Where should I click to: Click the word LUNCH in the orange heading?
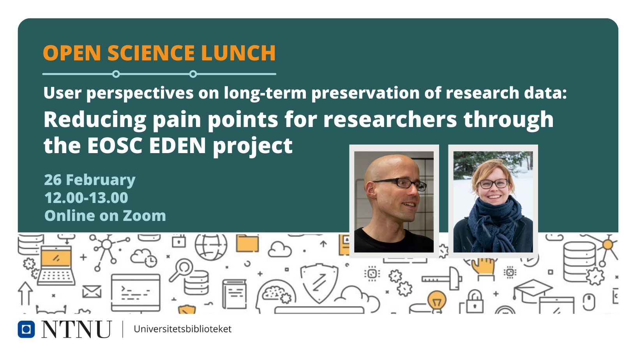pyautogui.click(x=238, y=53)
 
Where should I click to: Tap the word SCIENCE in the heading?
pyautogui.click(x=151, y=53)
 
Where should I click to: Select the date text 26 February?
pyautogui.click(x=90, y=180)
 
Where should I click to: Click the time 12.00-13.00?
pyautogui.click(x=86, y=198)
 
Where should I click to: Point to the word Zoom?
pyautogui.click(x=144, y=216)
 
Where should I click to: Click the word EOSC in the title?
pyautogui.click(x=115, y=145)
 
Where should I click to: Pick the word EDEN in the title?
pyautogui.click(x=177, y=145)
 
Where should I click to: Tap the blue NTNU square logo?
pyautogui.click(x=26, y=329)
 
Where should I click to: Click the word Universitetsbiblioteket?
pyautogui.click(x=183, y=329)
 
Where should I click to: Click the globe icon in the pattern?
pyautogui.click(x=211, y=247)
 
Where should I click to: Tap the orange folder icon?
pyautogui.click(x=247, y=244)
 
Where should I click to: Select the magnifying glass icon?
pyautogui.click(x=181, y=270)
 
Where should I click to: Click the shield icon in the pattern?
pyautogui.click(x=319, y=283)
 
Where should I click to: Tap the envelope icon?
pyautogui.click(x=92, y=291)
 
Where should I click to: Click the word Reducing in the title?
pyautogui.click(x=95, y=120)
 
